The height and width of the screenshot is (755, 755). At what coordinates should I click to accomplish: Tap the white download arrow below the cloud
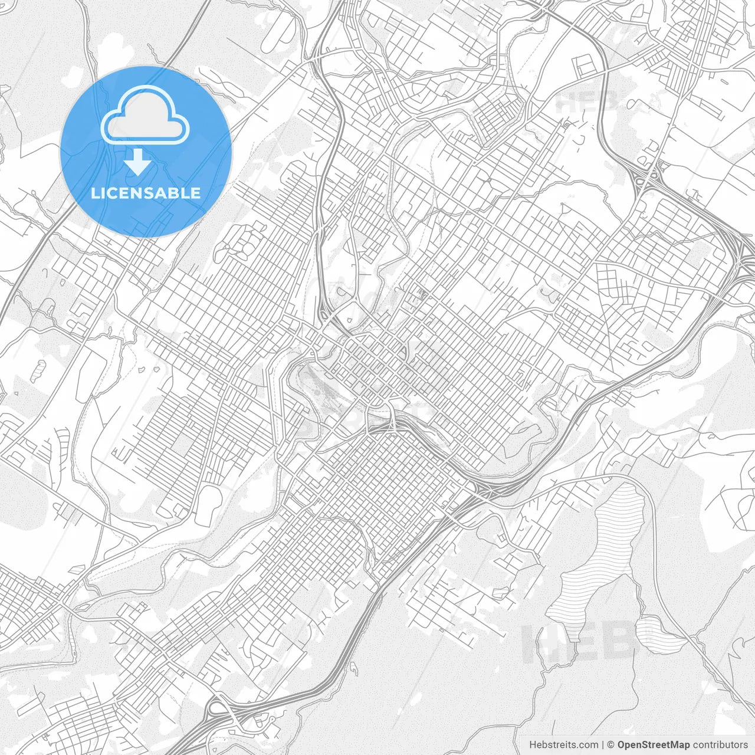tap(138, 162)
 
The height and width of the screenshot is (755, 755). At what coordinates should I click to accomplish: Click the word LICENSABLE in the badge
tap(146, 193)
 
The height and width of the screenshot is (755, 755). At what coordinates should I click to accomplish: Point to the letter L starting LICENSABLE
tap(94, 193)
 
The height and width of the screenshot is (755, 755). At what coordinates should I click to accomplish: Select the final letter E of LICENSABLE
tap(196, 193)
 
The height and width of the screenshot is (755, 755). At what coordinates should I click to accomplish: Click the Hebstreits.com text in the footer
tap(563, 745)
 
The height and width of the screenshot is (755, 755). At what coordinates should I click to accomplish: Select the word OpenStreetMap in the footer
tap(654, 745)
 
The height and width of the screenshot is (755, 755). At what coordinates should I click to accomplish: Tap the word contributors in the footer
tap(720, 745)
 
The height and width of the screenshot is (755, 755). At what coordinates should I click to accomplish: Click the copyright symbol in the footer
tap(612, 745)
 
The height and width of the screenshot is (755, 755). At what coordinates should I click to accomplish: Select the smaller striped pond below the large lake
tap(658, 634)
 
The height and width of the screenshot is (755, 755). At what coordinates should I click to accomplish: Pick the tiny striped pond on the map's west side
tap(38, 370)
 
